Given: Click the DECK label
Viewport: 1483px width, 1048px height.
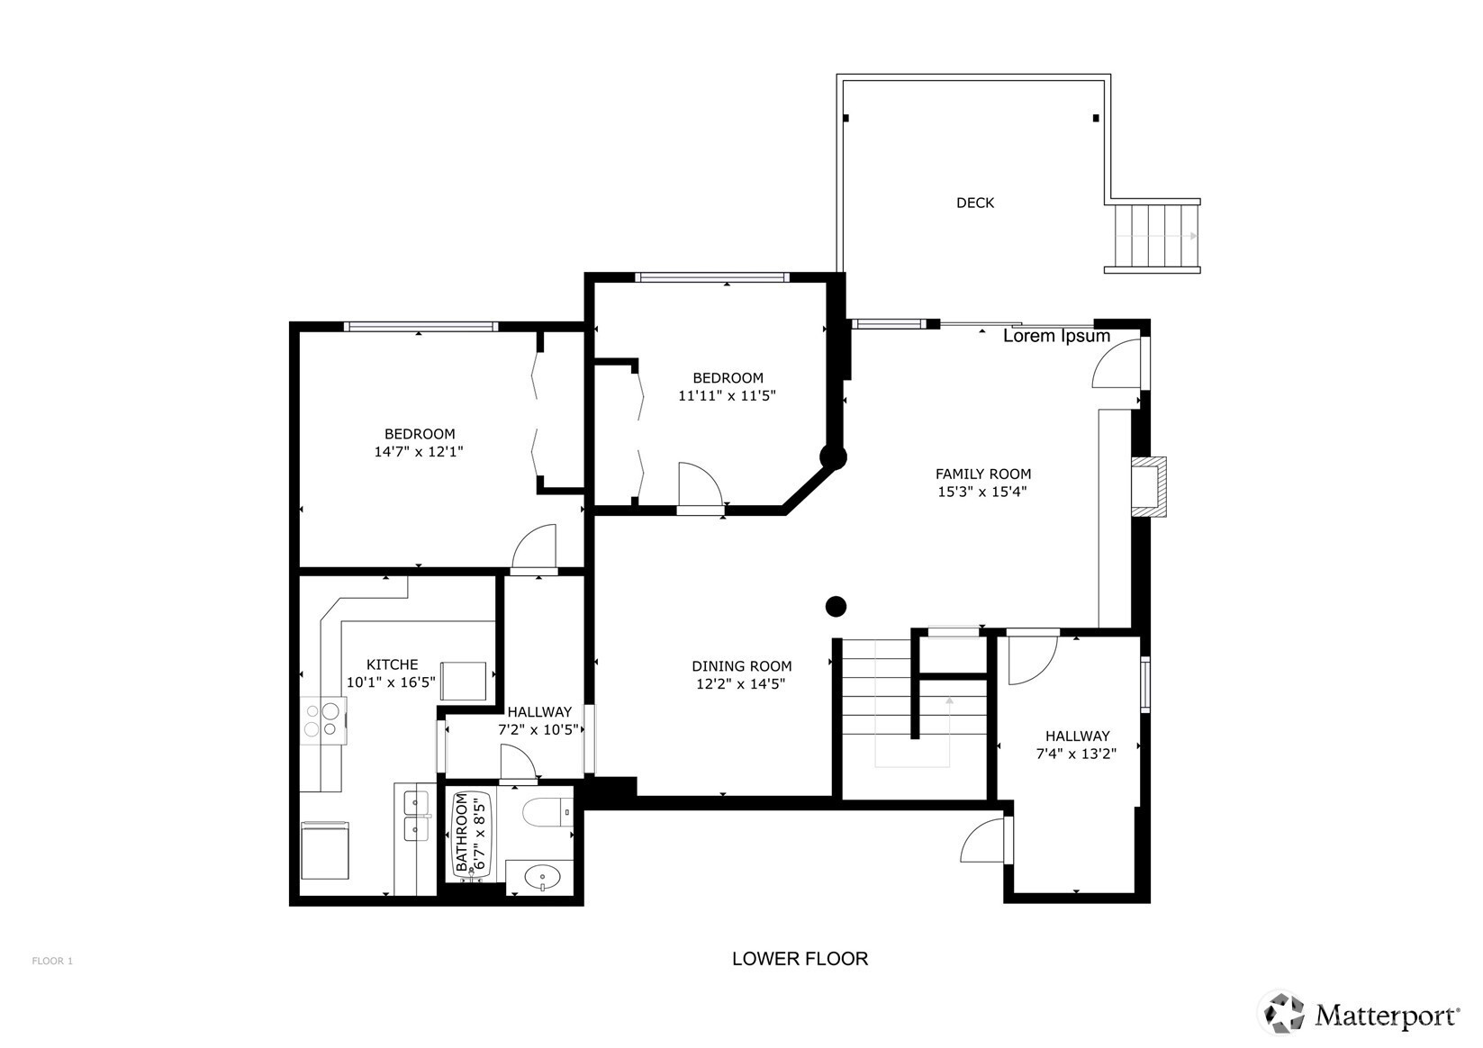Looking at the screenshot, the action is [975, 203].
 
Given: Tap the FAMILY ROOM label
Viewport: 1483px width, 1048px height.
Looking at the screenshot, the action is [983, 474].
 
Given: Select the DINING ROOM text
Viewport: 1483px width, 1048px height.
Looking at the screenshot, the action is [742, 666].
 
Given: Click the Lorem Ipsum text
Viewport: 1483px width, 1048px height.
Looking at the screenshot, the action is [1056, 336].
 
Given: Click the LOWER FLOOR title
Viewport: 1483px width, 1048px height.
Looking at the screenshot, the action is [800, 959].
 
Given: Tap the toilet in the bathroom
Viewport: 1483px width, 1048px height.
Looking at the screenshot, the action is [547, 812].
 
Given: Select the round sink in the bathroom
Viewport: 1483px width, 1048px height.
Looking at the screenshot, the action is [542, 879].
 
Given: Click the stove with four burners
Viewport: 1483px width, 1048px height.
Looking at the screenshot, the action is [323, 721].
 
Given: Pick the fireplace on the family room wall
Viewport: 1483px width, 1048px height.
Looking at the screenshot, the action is [1149, 486].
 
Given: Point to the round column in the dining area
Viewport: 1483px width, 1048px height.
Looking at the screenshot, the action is [836, 607].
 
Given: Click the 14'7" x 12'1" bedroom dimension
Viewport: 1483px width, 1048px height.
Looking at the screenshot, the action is [419, 451].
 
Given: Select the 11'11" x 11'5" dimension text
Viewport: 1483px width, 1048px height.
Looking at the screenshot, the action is [727, 396].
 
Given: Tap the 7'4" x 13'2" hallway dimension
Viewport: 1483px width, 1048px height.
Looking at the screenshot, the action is [1076, 754].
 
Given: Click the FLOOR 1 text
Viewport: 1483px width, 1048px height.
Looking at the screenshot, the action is [52, 961].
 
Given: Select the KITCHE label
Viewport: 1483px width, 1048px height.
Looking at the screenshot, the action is [392, 664].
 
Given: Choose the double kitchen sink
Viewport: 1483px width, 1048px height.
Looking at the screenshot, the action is [415, 816].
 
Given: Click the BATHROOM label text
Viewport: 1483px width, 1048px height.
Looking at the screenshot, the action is [461, 833].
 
